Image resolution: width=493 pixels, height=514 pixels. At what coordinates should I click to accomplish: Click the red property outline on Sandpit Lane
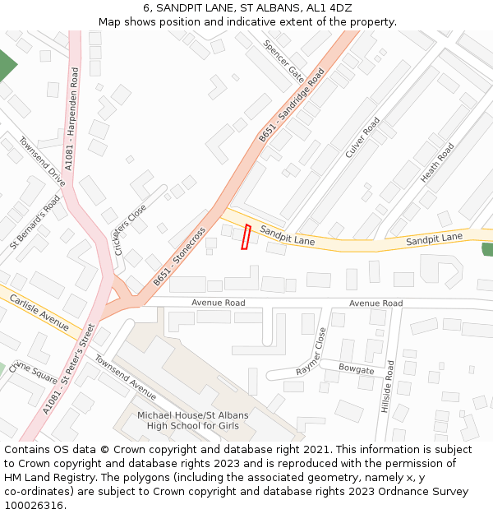pyautogui.click(x=245, y=236)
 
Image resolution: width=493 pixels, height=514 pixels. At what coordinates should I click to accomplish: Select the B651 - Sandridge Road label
pyautogui.click(x=292, y=104)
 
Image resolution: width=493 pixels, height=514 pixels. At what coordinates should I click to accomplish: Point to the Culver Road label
pyautogui.click(x=362, y=137)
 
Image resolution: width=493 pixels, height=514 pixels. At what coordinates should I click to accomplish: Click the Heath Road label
pyautogui.click(x=437, y=163)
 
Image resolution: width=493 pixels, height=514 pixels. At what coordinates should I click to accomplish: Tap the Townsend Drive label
pyautogui.click(x=42, y=161)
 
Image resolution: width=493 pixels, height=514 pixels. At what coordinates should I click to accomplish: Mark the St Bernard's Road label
pyautogui.click(x=35, y=222)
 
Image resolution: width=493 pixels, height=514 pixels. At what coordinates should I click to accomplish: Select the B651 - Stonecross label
pyautogui.click(x=179, y=257)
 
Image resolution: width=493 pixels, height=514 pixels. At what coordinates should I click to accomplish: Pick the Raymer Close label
pyautogui.click(x=311, y=351)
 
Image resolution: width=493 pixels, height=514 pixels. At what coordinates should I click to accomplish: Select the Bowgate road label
pyautogui.click(x=356, y=369)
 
